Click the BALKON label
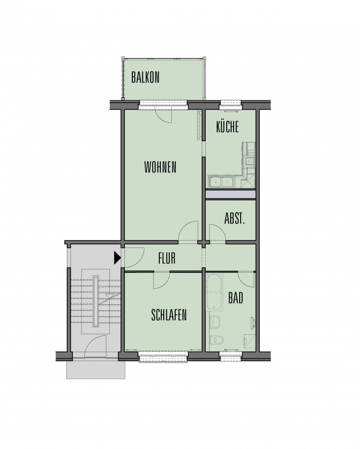(145, 77)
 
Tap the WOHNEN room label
(160, 167)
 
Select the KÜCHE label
(227, 127)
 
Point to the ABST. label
(235, 219)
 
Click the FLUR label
(167, 258)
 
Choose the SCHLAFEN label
(169, 315)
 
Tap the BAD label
(236, 298)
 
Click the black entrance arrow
(117, 258)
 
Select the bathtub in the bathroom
(214, 292)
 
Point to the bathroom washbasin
(215, 322)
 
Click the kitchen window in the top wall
(231, 105)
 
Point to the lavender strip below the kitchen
(231, 194)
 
